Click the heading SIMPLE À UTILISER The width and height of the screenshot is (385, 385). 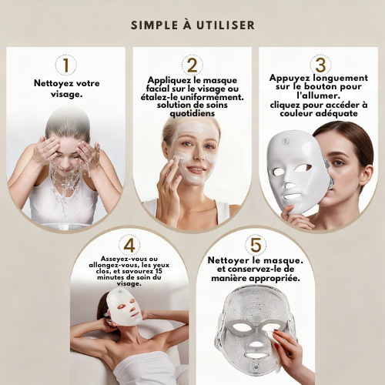192,25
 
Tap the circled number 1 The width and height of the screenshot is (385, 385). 65,64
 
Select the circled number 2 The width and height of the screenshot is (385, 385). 192,65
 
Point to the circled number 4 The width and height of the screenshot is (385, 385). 130,245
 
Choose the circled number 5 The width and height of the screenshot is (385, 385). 255,245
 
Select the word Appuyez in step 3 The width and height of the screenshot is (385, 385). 290,78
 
